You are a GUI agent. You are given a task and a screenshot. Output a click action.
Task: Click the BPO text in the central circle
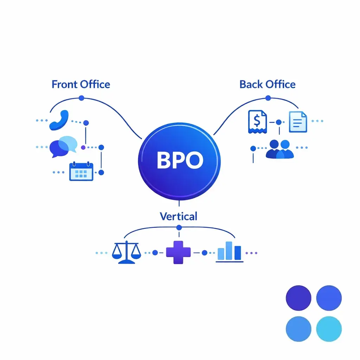[180, 160]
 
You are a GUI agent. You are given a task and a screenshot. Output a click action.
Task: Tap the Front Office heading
[81, 84]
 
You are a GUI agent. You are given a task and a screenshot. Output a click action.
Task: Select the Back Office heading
[267, 84]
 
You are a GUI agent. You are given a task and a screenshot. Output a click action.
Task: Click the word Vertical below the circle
[178, 216]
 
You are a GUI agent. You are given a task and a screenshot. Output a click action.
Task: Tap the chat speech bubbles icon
[63, 146]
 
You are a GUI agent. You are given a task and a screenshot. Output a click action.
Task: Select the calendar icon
[81, 171]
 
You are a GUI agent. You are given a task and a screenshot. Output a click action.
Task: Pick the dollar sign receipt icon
[257, 122]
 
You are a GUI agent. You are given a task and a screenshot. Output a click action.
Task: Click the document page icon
[298, 122]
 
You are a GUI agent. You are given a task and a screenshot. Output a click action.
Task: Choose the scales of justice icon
[126, 252]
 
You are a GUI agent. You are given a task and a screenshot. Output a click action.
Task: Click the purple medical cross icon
[178, 252]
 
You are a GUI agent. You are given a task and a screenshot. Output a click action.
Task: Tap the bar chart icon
[229, 252]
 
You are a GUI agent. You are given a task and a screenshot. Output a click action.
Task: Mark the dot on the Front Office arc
[81, 98]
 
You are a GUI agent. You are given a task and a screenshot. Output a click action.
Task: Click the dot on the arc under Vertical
[179, 227]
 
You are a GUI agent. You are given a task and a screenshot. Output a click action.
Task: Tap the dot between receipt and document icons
[279, 122]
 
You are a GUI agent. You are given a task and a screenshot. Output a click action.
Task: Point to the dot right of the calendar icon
[101, 172]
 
